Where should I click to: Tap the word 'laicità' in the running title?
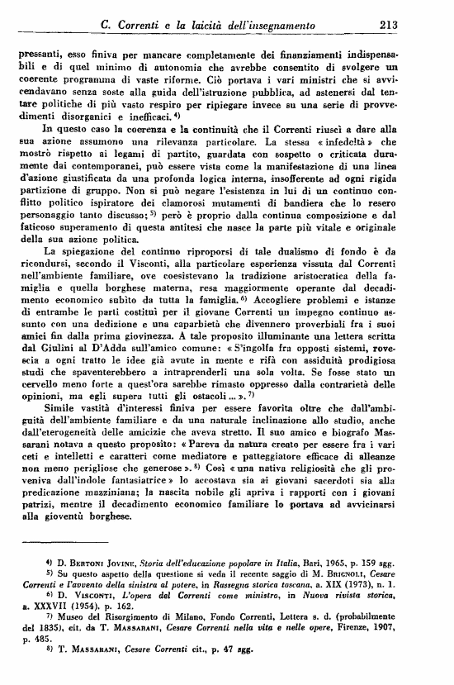[217, 24]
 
